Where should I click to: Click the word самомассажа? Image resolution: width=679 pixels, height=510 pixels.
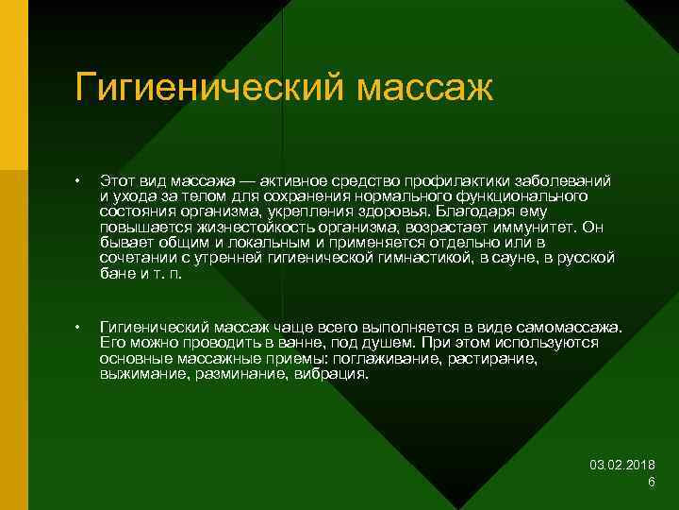[572, 327]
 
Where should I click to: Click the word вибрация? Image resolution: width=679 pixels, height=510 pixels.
[331, 374]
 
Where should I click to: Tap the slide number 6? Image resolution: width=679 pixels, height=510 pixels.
[652, 482]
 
